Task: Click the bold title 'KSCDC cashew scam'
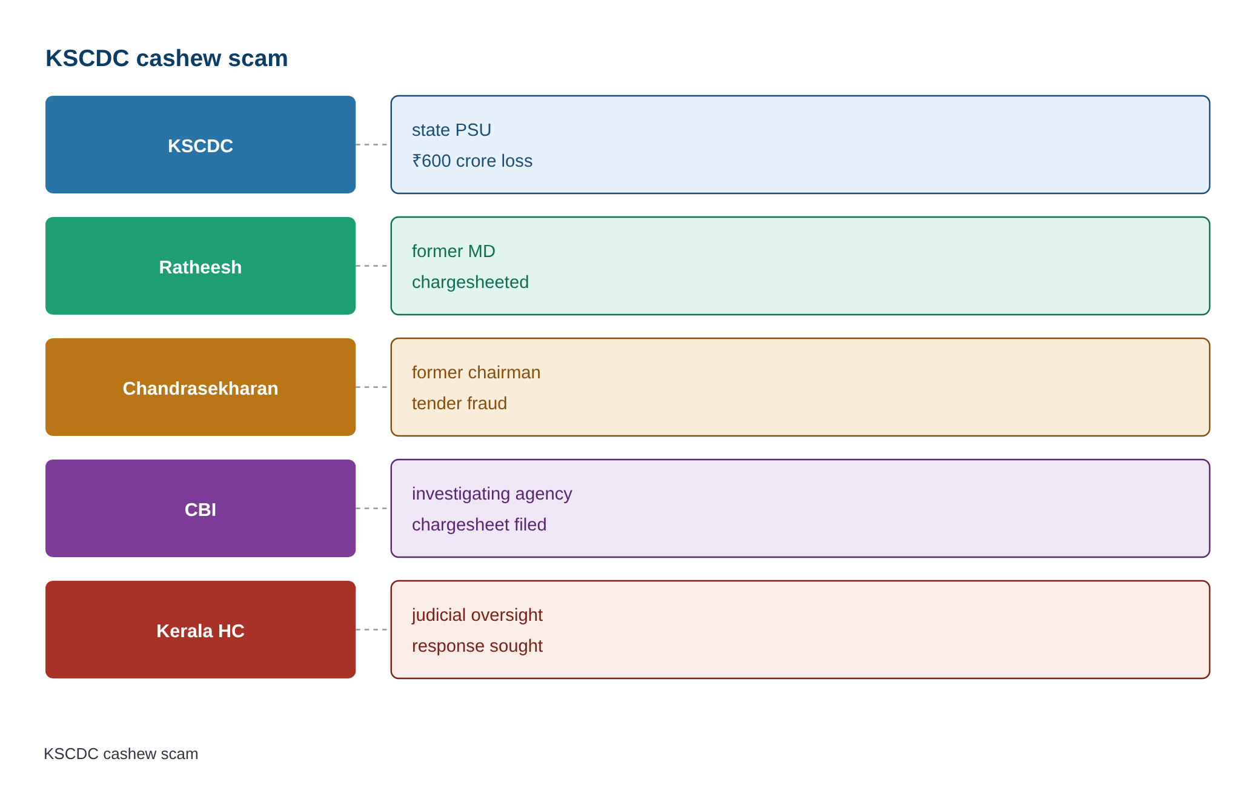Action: coord(167,58)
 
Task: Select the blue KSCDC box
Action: coord(201,144)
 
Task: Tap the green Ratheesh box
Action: coord(201,266)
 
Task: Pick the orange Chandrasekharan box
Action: coord(201,387)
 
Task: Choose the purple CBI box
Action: coord(201,508)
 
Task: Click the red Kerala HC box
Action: coord(201,629)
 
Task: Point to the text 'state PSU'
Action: coord(451,130)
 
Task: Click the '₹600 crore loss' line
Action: coord(472,161)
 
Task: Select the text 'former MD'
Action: coord(454,251)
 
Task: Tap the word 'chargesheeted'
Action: coord(470,282)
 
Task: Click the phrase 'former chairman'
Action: coord(476,372)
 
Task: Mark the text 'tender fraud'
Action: coord(459,403)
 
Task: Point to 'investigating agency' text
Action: coord(492,494)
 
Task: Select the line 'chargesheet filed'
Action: coord(479,524)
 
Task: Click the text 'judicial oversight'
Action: coord(477,615)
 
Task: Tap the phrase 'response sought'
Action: coord(477,646)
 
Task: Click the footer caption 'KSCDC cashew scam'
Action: coord(121,754)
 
